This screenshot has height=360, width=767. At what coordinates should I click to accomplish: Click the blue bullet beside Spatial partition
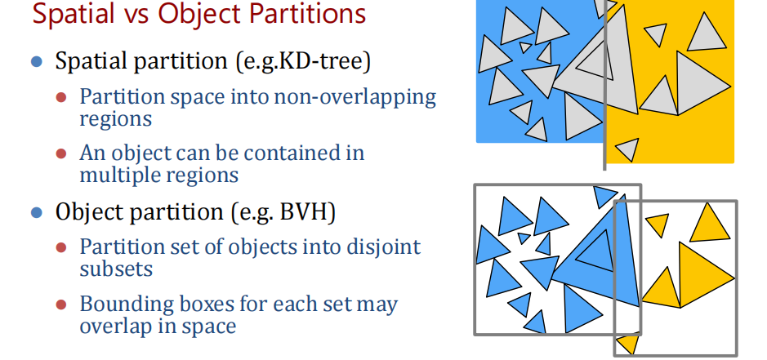[37, 61]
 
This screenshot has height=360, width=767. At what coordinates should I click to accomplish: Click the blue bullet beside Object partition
[37, 212]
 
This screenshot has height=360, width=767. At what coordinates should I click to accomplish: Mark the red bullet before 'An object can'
[61, 154]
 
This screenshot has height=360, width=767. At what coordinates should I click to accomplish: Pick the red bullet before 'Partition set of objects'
[61, 247]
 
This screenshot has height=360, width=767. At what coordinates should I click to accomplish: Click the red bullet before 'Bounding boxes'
[61, 305]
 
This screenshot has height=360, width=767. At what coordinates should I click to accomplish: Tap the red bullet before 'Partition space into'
[61, 97]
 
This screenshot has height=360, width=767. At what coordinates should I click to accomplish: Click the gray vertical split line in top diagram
[605, 85]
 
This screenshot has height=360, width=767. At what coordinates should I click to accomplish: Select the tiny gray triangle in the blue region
[525, 47]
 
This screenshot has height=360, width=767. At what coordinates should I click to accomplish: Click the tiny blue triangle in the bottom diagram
[524, 238]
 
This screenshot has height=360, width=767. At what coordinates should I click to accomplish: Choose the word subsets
[116, 269]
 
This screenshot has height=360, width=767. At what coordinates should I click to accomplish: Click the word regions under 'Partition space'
[115, 120]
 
